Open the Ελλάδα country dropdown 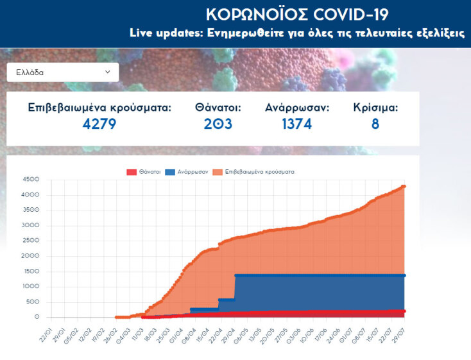[63, 73]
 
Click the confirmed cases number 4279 [99, 123]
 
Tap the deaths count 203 [218, 123]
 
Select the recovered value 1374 [296, 123]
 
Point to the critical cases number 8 [375, 123]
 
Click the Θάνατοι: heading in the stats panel [218, 107]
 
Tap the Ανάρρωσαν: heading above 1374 [296, 107]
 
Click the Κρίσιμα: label [375, 107]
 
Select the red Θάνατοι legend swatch [132, 172]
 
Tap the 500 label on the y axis [34, 302]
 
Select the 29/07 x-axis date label [398, 332]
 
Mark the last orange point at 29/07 [404, 186]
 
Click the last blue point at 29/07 [404, 275]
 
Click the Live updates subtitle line [296, 33]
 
